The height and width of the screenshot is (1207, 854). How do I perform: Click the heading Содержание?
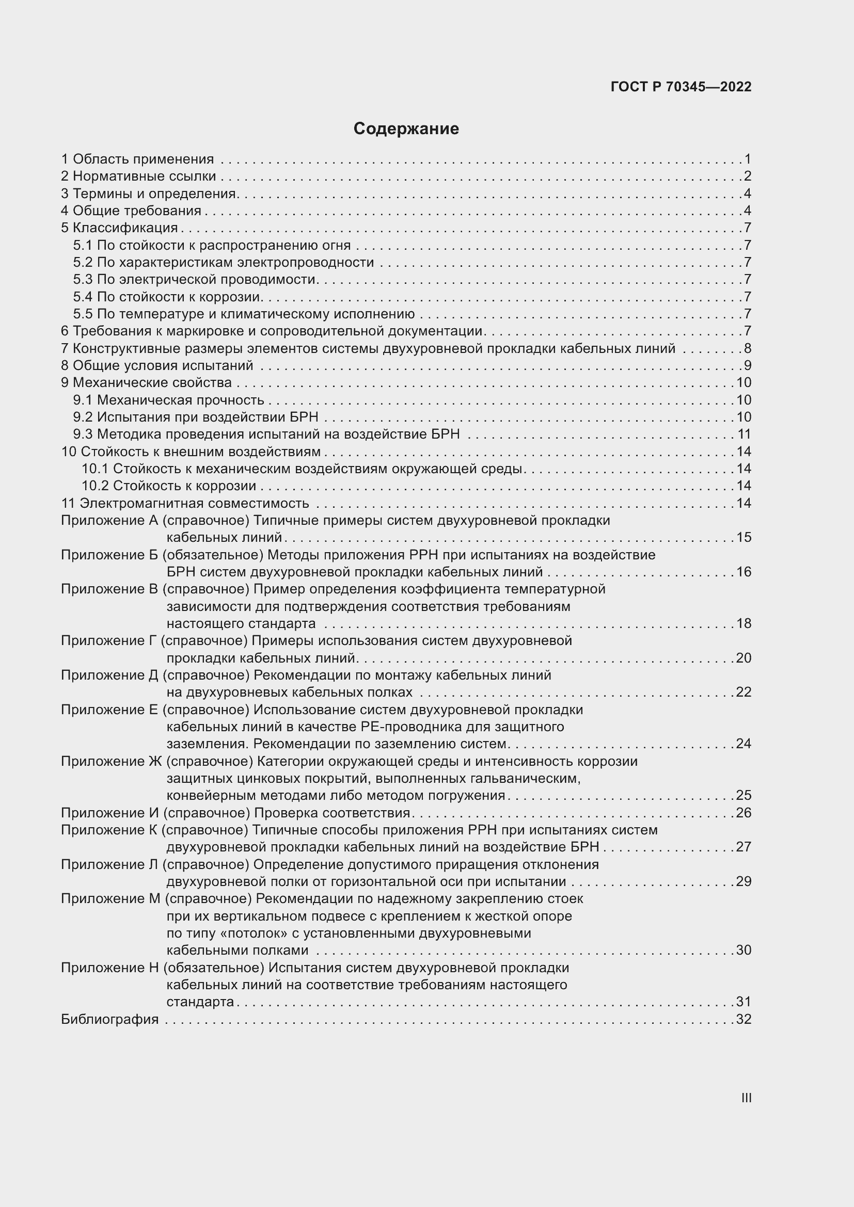[406, 129]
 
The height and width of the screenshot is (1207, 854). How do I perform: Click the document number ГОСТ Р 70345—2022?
[681, 87]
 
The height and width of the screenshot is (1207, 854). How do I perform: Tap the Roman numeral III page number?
[746, 1098]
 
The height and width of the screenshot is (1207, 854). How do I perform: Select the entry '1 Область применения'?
[138, 159]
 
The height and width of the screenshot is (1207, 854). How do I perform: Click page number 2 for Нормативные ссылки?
[747, 176]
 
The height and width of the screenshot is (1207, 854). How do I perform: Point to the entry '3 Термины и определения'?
[149, 194]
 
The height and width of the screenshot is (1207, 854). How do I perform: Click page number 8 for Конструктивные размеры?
[747, 348]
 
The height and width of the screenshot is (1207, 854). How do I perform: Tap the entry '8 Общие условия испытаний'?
[157, 365]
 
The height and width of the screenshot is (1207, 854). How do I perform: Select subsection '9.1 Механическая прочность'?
[168, 400]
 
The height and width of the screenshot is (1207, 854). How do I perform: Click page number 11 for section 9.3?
[744, 434]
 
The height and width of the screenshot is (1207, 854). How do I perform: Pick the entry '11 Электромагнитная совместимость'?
[185, 503]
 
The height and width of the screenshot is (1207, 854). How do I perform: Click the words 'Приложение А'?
[109, 521]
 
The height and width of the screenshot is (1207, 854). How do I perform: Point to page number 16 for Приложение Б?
[744, 572]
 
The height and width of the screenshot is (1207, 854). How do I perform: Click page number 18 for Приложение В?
[744, 623]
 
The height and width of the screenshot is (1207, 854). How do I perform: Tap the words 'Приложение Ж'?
[112, 761]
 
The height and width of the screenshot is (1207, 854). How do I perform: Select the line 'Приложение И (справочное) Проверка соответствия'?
[235, 813]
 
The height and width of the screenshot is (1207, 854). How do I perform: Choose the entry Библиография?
[109, 1019]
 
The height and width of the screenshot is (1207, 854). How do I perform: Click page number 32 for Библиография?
[744, 1019]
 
